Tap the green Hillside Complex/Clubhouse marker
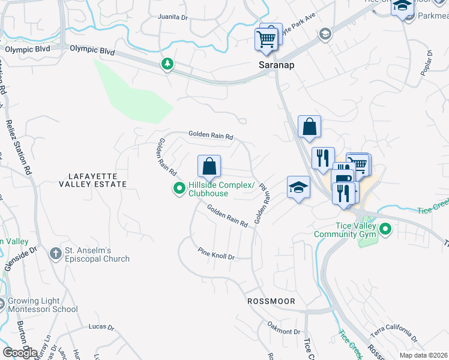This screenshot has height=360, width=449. pos(179,189)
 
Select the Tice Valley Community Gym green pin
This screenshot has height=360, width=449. pos(387,229)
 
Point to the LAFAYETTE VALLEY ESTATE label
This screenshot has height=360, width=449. pos(93,180)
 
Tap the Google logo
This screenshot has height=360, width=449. pos(19,352)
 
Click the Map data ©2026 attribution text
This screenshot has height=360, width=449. pos(423,355)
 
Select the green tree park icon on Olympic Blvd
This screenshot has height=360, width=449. pos(167,64)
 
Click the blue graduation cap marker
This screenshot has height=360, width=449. pos(298,187)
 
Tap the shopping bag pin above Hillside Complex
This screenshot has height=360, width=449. pos(209,166)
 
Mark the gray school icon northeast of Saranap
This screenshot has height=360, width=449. pos(325,33)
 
